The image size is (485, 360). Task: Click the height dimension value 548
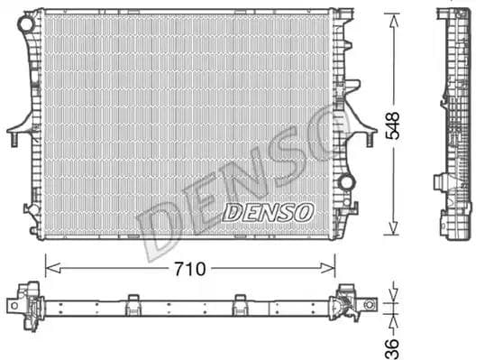(x=394, y=124)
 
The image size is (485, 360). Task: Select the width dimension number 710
(x=189, y=268)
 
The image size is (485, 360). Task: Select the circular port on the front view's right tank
(x=345, y=182)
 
